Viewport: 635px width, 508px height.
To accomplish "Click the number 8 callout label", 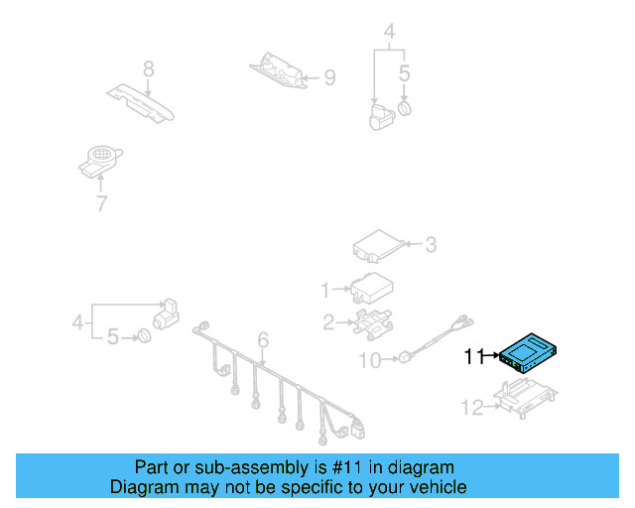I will pyautogui.click(x=148, y=68).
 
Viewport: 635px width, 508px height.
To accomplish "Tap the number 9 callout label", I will pyautogui.click(x=330, y=76).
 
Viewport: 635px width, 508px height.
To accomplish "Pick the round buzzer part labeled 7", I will pyautogui.click(x=99, y=160).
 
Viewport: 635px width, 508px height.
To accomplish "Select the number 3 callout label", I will pyautogui.click(x=430, y=243).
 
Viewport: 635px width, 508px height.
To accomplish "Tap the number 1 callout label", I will pyautogui.click(x=324, y=290).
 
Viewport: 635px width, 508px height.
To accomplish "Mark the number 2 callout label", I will pyautogui.click(x=327, y=320).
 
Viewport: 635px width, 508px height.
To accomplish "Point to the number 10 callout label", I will pyautogui.click(x=368, y=360).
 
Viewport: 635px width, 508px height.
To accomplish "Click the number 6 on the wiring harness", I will pyautogui.click(x=263, y=342).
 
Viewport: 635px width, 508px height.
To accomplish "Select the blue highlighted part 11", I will pyautogui.click(x=532, y=350).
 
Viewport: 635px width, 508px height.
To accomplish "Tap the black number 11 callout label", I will pyautogui.click(x=474, y=356).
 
